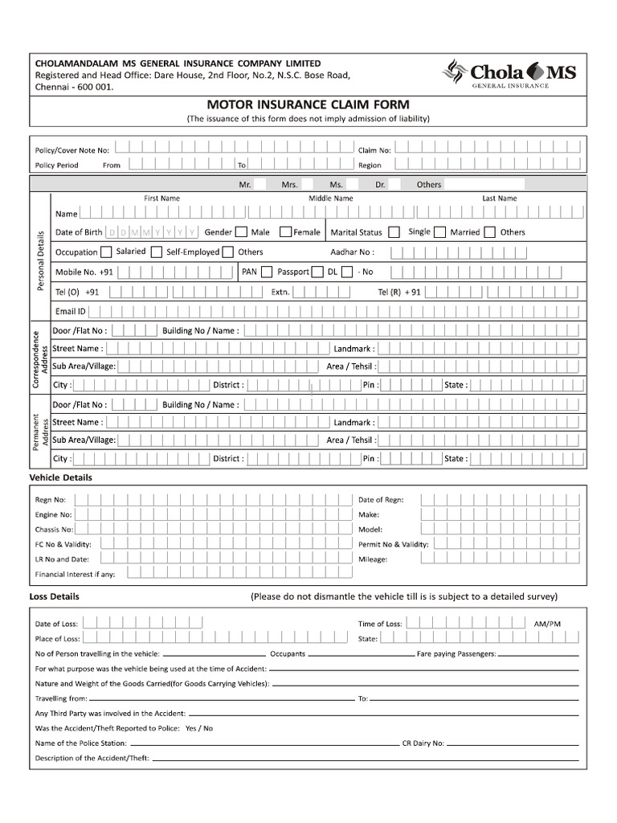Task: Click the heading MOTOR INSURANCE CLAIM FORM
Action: tap(308, 104)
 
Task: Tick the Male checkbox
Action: tap(240, 232)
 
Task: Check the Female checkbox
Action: tap(285, 232)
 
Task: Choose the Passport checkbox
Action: tap(317, 272)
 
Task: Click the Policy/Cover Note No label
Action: tap(72, 149)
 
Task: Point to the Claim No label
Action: tap(374, 149)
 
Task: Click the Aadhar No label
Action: tap(353, 252)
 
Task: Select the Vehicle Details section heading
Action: tap(60, 477)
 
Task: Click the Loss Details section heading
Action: tap(54, 597)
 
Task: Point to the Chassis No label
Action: tap(54, 530)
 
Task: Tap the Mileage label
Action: tap(373, 559)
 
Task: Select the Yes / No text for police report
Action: tap(198, 728)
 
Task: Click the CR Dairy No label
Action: tap(423, 743)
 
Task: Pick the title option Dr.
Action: tap(380, 185)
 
